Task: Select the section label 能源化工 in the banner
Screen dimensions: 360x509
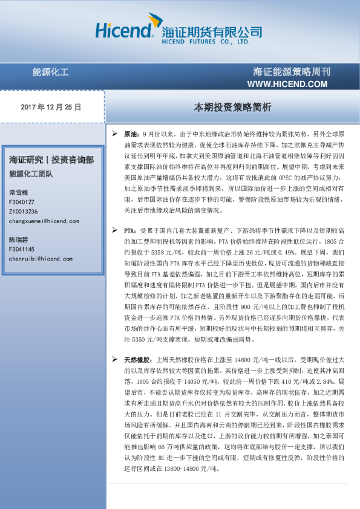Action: [x=50, y=73]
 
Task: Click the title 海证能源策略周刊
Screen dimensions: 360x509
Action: [x=292, y=72]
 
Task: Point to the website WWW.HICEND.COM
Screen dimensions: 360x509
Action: [x=287, y=83]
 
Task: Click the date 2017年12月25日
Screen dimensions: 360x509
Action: [x=50, y=106]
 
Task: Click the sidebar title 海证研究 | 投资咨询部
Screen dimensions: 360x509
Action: [x=51, y=160]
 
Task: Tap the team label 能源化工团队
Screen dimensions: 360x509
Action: [x=31, y=174]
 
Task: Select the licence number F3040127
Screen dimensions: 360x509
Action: [x=22, y=202]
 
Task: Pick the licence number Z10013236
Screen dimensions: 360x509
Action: [x=24, y=212]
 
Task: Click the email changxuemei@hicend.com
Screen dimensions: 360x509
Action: [x=44, y=221]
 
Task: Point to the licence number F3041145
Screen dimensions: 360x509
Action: [x=22, y=249]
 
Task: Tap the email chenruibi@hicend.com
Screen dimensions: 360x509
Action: [x=41, y=259]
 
